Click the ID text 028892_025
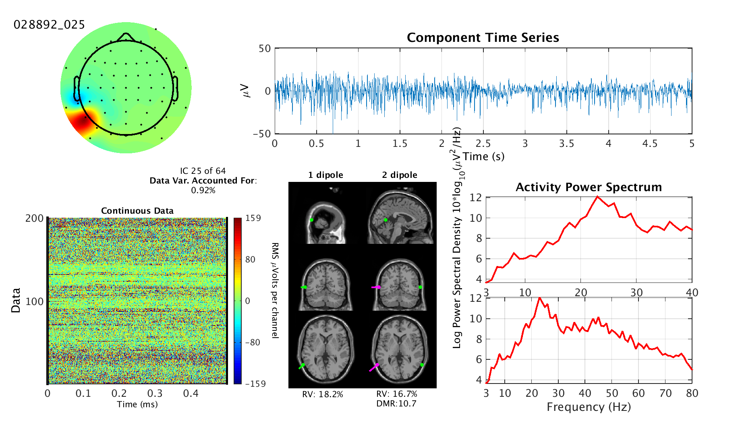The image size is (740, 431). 49,25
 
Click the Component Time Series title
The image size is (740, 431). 483,37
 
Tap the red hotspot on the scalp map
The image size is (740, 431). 83,122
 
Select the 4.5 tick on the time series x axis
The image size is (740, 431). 650,144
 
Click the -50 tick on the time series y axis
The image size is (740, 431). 262,134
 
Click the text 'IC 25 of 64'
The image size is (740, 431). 203,171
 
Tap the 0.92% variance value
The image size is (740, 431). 203,190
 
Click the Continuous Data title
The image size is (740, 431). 137,211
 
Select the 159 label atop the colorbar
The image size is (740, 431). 253,218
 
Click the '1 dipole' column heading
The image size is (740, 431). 325,175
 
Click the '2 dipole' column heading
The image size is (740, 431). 400,175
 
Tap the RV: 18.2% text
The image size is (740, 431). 323,394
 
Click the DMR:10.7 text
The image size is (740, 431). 396,404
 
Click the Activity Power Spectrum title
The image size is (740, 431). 589,187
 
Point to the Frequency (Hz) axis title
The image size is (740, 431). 589,407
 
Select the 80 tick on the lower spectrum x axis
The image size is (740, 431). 692,393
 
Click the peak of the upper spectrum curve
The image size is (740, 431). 597,196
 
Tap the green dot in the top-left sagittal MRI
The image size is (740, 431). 312,220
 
